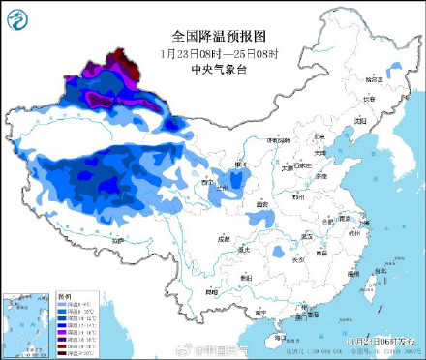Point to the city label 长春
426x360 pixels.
(366, 99)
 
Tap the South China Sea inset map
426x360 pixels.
(28, 323)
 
